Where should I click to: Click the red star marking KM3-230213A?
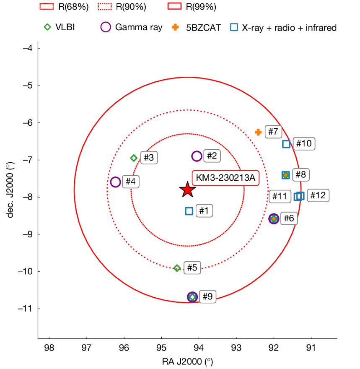pos(187,190)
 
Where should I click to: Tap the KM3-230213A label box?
pos(225,178)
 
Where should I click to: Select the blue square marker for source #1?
pos(189,211)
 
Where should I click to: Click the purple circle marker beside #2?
pos(197,156)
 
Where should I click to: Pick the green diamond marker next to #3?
pos(134,158)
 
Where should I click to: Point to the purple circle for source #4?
pos(115,182)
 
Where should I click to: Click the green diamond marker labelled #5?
pos(177,268)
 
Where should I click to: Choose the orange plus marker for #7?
pos(258,132)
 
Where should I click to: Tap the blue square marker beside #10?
pos(286,144)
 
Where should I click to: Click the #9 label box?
pos(207,296)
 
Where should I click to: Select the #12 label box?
pos(319,195)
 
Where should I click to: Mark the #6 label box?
pos(289,218)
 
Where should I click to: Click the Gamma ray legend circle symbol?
pos(106,28)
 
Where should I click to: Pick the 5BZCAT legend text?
pos(203,28)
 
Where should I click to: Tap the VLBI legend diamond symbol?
pos(48,28)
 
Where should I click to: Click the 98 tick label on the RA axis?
pos(49,348)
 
